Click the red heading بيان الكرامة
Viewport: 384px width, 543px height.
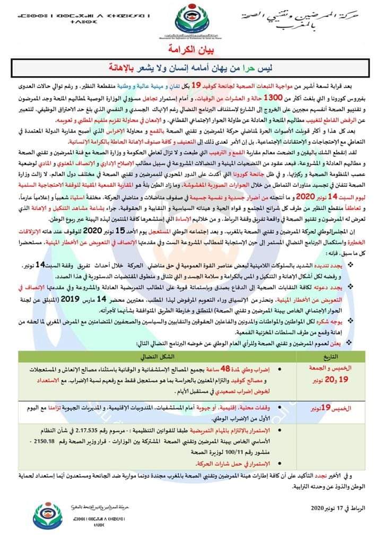tap(191, 52)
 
